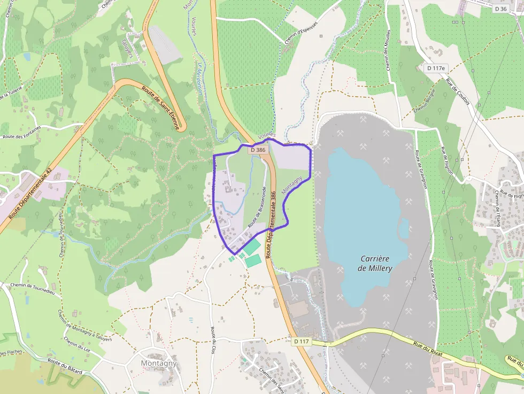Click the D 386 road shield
click(x=258, y=150)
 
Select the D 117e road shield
click(x=437, y=68)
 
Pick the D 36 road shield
click(x=500, y=9)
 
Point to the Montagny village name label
click(x=159, y=363)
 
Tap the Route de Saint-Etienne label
click(x=160, y=107)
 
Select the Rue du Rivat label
click(x=431, y=350)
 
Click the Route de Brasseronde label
click(x=257, y=207)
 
